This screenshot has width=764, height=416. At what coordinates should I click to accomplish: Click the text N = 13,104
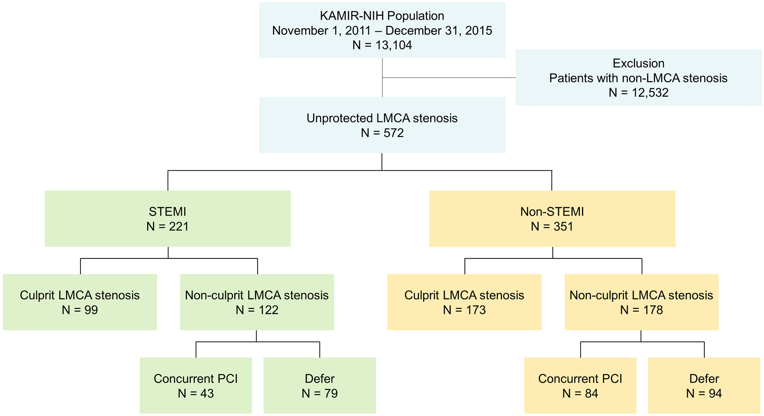coord(382,45)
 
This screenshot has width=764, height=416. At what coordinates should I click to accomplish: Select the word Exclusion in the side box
coord(638,63)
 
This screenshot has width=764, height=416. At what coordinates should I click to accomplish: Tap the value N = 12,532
coord(638,93)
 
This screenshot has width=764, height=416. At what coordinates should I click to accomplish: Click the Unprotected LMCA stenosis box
coord(382,125)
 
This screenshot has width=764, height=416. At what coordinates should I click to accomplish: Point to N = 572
coord(382,133)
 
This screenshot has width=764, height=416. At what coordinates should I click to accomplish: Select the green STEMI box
coord(168,218)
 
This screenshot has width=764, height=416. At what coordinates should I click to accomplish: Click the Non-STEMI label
coord(552,212)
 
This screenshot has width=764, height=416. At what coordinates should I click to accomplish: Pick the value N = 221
coord(168,227)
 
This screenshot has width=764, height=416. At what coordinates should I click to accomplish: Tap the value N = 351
coord(552,227)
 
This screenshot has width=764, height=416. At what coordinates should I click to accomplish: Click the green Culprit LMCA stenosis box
coord(80,302)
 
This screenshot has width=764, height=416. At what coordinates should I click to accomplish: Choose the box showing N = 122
coord(257,302)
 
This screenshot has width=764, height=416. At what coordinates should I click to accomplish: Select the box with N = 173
coord(464,302)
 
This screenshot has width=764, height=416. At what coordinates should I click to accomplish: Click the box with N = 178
coord(641,302)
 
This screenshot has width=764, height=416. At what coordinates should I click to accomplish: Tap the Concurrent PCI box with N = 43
coord(196,385)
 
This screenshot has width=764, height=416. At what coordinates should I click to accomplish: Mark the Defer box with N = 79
coord(320,385)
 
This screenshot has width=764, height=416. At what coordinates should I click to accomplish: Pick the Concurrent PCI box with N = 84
coord(580,385)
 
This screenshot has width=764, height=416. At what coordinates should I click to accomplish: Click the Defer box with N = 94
coord(704,385)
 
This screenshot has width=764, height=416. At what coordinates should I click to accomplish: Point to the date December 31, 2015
coord(439,31)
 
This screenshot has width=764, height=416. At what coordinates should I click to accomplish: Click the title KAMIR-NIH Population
coord(382,16)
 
